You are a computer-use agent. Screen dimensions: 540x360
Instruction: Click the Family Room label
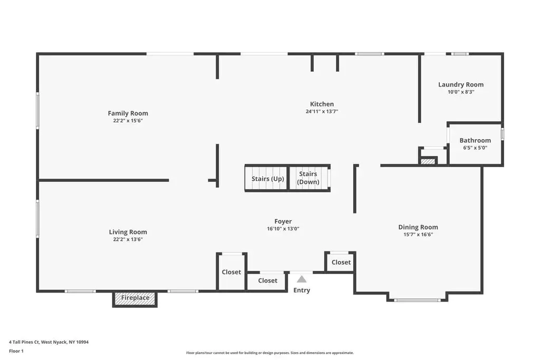[128, 113]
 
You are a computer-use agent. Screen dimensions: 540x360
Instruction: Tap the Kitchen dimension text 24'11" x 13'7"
[322, 112]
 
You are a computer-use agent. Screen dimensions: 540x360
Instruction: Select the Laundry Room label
[461, 85]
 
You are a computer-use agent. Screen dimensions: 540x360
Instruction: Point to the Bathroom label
[475, 140]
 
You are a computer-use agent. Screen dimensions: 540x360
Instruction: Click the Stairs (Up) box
[266, 178]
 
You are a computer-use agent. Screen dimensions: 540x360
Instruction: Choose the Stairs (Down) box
[309, 178]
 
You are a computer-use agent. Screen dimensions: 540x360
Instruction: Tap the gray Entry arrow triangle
[302, 279]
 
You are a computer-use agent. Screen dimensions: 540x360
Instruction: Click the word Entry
[302, 290]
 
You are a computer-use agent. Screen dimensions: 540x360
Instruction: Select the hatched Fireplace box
[135, 298]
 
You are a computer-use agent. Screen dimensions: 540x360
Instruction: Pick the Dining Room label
[418, 227]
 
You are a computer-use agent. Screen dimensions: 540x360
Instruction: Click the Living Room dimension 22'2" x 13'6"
[128, 239]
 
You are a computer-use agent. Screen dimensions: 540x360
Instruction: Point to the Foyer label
[283, 221]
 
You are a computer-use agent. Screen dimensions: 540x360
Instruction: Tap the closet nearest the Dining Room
[340, 262]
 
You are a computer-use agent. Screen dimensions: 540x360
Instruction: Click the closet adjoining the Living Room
[232, 272]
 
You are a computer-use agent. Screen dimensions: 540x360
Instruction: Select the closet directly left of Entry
[267, 281]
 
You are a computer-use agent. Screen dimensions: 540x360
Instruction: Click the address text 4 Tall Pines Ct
[24, 342]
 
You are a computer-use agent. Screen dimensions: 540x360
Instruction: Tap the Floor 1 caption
[16, 351]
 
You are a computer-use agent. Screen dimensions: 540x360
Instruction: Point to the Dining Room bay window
[418, 300]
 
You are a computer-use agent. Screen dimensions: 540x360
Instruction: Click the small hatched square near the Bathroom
[428, 161]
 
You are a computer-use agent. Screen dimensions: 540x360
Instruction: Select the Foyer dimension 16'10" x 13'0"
[283, 229]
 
